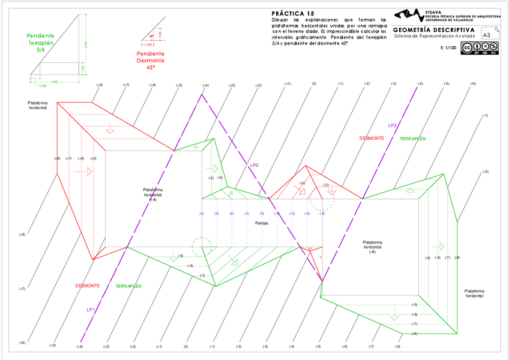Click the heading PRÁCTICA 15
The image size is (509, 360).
(x=293, y=13)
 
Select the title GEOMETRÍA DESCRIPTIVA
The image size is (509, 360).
(x=433, y=29)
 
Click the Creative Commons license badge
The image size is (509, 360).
(x=480, y=49)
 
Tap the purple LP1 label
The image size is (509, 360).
(x=91, y=310)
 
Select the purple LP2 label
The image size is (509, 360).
(x=254, y=165)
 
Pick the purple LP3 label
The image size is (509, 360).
(x=392, y=125)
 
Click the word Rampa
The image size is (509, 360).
(x=261, y=223)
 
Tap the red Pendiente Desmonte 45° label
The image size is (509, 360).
(x=150, y=61)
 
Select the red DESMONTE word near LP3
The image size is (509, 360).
(x=372, y=139)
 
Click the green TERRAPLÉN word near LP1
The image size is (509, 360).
(x=128, y=286)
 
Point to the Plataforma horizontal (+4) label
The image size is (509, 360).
(x=153, y=194)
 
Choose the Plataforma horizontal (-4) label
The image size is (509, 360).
(x=372, y=247)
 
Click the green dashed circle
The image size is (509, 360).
(x=202, y=247)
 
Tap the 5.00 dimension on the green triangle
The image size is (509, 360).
(x=86, y=44)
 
